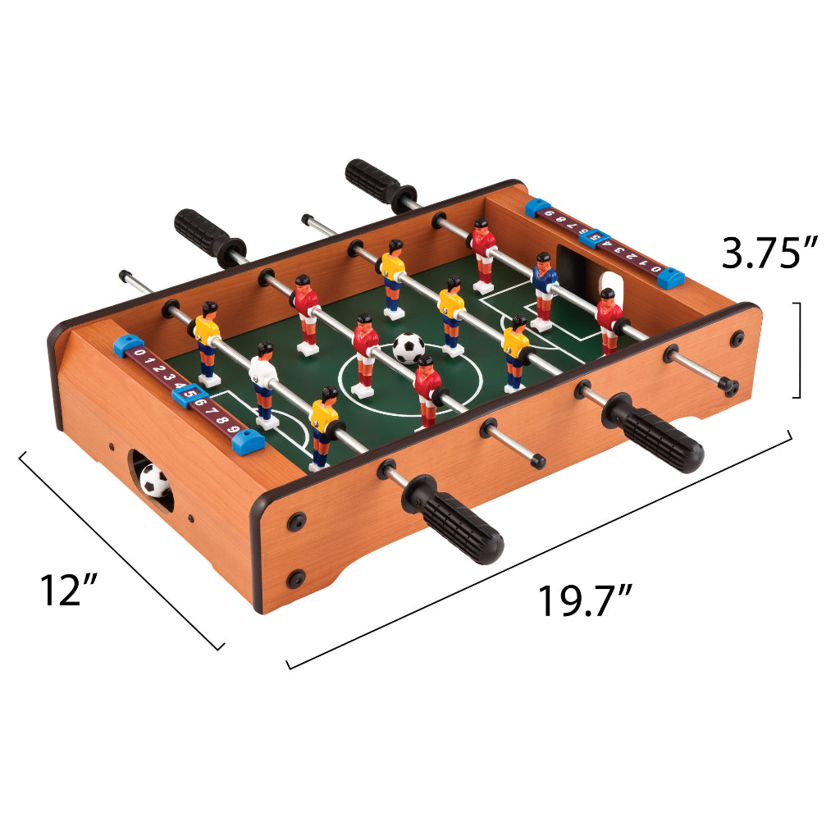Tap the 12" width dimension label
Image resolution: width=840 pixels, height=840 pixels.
point(70,590)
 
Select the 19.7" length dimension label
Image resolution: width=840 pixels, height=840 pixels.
point(585,601)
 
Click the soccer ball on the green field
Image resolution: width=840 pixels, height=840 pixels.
point(409,348)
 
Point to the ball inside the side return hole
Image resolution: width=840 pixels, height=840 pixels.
point(153,480)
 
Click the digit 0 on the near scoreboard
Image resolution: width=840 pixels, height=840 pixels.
point(139,354)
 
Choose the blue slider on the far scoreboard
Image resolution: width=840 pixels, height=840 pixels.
point(596,238)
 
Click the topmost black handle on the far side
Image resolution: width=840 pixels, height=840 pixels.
point(373,182)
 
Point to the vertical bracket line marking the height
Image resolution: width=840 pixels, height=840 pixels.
point(798,350)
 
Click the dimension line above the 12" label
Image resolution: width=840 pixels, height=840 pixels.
point(121,549)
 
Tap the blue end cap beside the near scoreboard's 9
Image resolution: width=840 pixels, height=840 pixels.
point(249,443)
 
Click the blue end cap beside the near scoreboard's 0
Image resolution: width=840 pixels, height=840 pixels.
point(128,345)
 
